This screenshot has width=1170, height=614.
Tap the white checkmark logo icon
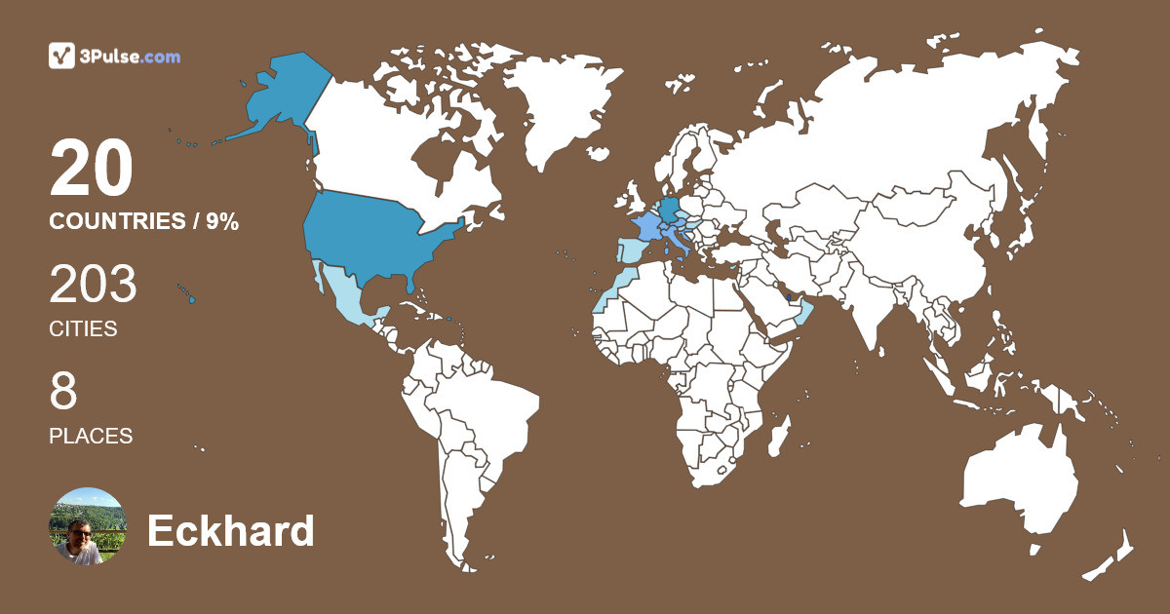[x=62, y=56]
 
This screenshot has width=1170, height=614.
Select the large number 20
[x=91, y=168]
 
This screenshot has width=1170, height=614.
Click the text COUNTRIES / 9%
[x=143, y=221]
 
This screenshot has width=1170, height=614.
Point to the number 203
[x=93, y=285]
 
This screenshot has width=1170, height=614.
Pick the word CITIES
[x=83, y=329]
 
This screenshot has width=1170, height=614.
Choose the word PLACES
[x=91, y=437]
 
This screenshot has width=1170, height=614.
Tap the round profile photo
[x=88, y=526]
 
